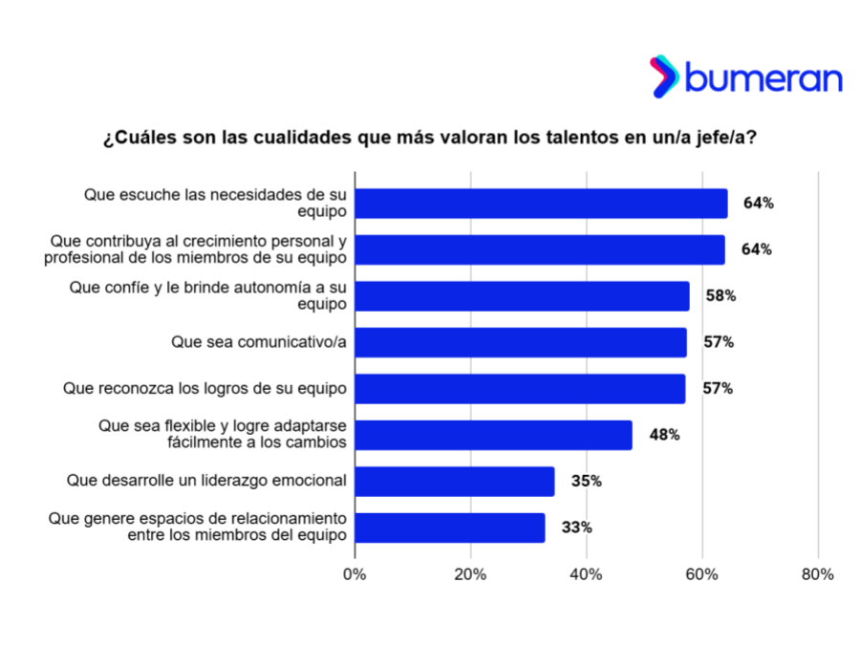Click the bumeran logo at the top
pos(746,77)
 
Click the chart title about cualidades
pos(430,138)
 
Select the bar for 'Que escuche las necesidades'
pos(541,204)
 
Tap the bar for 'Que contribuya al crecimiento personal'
pos(540,249)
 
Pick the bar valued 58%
pos(522,296)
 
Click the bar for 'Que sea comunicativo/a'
pos(521,342)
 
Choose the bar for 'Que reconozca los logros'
pos(520,389)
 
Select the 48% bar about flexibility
pos(493,435)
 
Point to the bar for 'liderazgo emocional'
pos(455,481)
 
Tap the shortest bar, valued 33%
pos(450,528)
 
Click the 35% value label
pos(587,481)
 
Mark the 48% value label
pos(664,435)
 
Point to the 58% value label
pos(720,296)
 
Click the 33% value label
pos(577,528)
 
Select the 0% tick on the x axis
pos(355,574)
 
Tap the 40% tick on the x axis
pos(586,574)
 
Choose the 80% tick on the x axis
pos(818,574)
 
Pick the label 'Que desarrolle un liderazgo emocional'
pos(205,481)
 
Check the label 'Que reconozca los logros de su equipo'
pos(204,389)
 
